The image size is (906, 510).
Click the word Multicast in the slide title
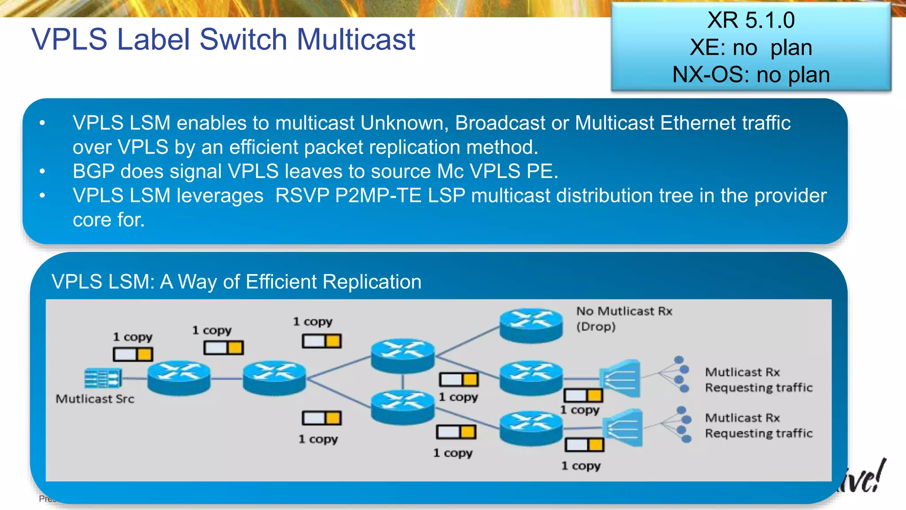[356, 39]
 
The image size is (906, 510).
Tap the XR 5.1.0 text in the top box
[751, 20]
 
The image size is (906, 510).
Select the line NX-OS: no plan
[751, 75]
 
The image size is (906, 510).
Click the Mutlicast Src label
[95, 399]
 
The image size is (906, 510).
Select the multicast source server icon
[103, 378]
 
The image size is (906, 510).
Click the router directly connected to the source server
[179, 378]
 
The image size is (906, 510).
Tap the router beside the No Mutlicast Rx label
[531, 325]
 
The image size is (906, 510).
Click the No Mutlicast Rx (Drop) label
[624, 319]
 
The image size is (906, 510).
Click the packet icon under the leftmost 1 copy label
[133, 354]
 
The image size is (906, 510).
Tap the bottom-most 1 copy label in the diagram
[581, 466]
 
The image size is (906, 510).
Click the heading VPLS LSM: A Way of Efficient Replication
[236, 282]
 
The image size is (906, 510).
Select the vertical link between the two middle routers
[403, 381]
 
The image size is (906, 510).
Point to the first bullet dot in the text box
[42, 123]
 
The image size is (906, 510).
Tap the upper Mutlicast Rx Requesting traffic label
[758, 380]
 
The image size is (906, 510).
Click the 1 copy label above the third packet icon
[313, 322]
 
